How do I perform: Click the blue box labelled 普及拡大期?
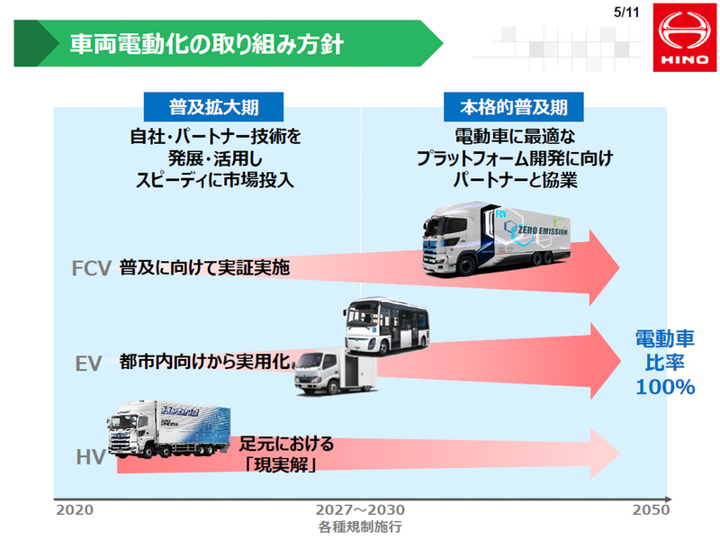coord(214,107)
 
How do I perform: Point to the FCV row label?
coord(91,267)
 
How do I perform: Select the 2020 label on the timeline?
coord(75,510)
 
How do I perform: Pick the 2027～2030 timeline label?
coord(360,510)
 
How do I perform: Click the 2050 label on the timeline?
coord(650,510)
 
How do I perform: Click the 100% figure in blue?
coord(665,388)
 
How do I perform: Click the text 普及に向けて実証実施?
coord(205,267)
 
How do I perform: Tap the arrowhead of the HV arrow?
coord(602,453)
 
